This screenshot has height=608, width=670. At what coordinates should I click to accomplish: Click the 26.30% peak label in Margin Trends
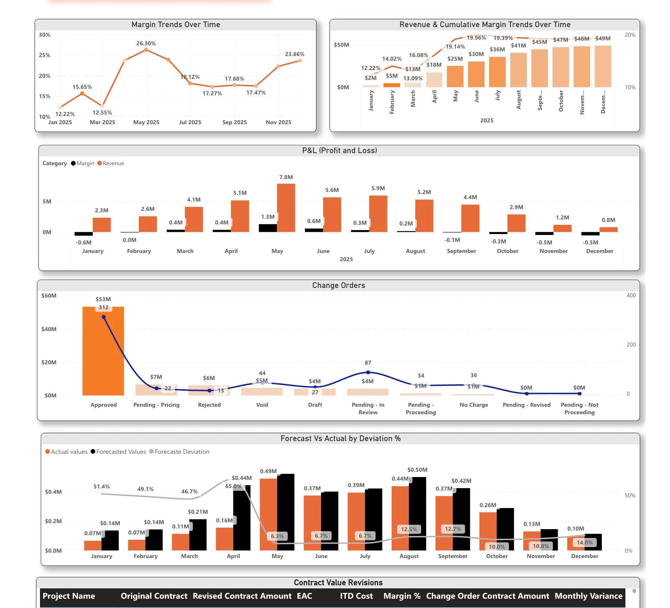pos(146,44)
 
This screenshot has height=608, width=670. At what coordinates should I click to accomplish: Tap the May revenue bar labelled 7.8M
pos(286,208)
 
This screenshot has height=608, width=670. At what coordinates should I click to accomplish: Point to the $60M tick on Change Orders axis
pos(49,296)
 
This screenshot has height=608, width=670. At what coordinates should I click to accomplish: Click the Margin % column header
pos(402,596)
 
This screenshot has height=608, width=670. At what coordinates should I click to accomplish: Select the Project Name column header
pos(69,596)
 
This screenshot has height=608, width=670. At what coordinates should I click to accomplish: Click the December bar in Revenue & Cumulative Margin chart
pos(603,66)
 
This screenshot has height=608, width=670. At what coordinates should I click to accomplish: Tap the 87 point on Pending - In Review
pos(368,372)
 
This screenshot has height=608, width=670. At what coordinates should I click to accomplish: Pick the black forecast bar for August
pos(417,514)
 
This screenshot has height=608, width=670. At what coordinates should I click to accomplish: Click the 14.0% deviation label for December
pos(584,542)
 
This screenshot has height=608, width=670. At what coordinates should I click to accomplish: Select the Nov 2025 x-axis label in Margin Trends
pos(278,122)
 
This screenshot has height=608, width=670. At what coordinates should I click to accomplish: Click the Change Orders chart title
pos(339,285)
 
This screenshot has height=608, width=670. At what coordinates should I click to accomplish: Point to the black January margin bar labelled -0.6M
pos(83,234)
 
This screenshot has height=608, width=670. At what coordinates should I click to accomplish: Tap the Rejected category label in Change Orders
pos(209,405)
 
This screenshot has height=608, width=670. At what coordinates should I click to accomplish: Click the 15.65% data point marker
pos(82,93)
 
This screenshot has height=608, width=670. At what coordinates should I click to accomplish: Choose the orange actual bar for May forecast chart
pos(268,514)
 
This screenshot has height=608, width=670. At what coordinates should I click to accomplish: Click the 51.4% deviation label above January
pos(102,487)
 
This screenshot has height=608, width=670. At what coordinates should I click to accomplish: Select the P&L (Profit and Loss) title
pos(339,151)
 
